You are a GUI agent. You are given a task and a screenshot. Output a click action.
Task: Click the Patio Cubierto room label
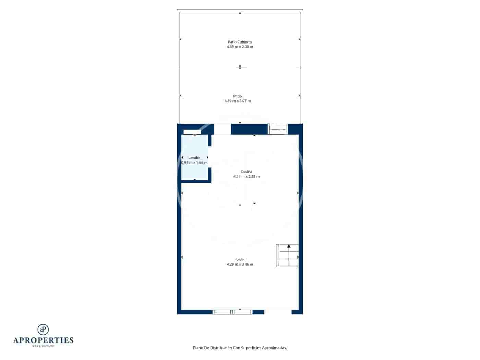(x=240, y=42)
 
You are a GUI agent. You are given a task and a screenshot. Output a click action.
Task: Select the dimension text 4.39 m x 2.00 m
(x=240, y=47)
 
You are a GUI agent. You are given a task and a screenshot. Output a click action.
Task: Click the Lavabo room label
(x=194, y=158)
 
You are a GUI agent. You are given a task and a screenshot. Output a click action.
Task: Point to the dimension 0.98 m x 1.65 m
(x=194, y=163)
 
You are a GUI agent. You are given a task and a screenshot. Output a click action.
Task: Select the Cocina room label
(x=247, y=171)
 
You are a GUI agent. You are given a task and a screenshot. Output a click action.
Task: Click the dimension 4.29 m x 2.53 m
(x=247, y=176)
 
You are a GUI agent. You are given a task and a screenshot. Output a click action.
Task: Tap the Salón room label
(x=240, y=260)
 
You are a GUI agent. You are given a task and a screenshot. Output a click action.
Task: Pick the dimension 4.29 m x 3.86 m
(x=240, y=264)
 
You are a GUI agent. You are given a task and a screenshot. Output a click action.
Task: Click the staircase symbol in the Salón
(x=287, y=255)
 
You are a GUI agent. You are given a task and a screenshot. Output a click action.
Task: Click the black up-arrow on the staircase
(x=289, y=246)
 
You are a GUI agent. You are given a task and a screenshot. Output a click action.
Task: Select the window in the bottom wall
(x=232, y=312)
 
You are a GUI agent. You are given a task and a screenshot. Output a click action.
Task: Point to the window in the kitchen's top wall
(x=278, y=129)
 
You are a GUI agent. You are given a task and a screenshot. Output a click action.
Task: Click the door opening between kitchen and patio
(x=223, y=129)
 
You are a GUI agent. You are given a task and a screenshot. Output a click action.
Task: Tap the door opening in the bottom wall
(x=278, y=312)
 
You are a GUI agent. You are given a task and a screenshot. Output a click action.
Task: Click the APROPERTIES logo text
(x=43, y=340)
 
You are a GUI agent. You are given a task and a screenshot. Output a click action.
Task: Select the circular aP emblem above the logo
(x=43, y=329)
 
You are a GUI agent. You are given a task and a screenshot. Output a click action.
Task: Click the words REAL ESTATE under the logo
(x=43, y=346)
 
